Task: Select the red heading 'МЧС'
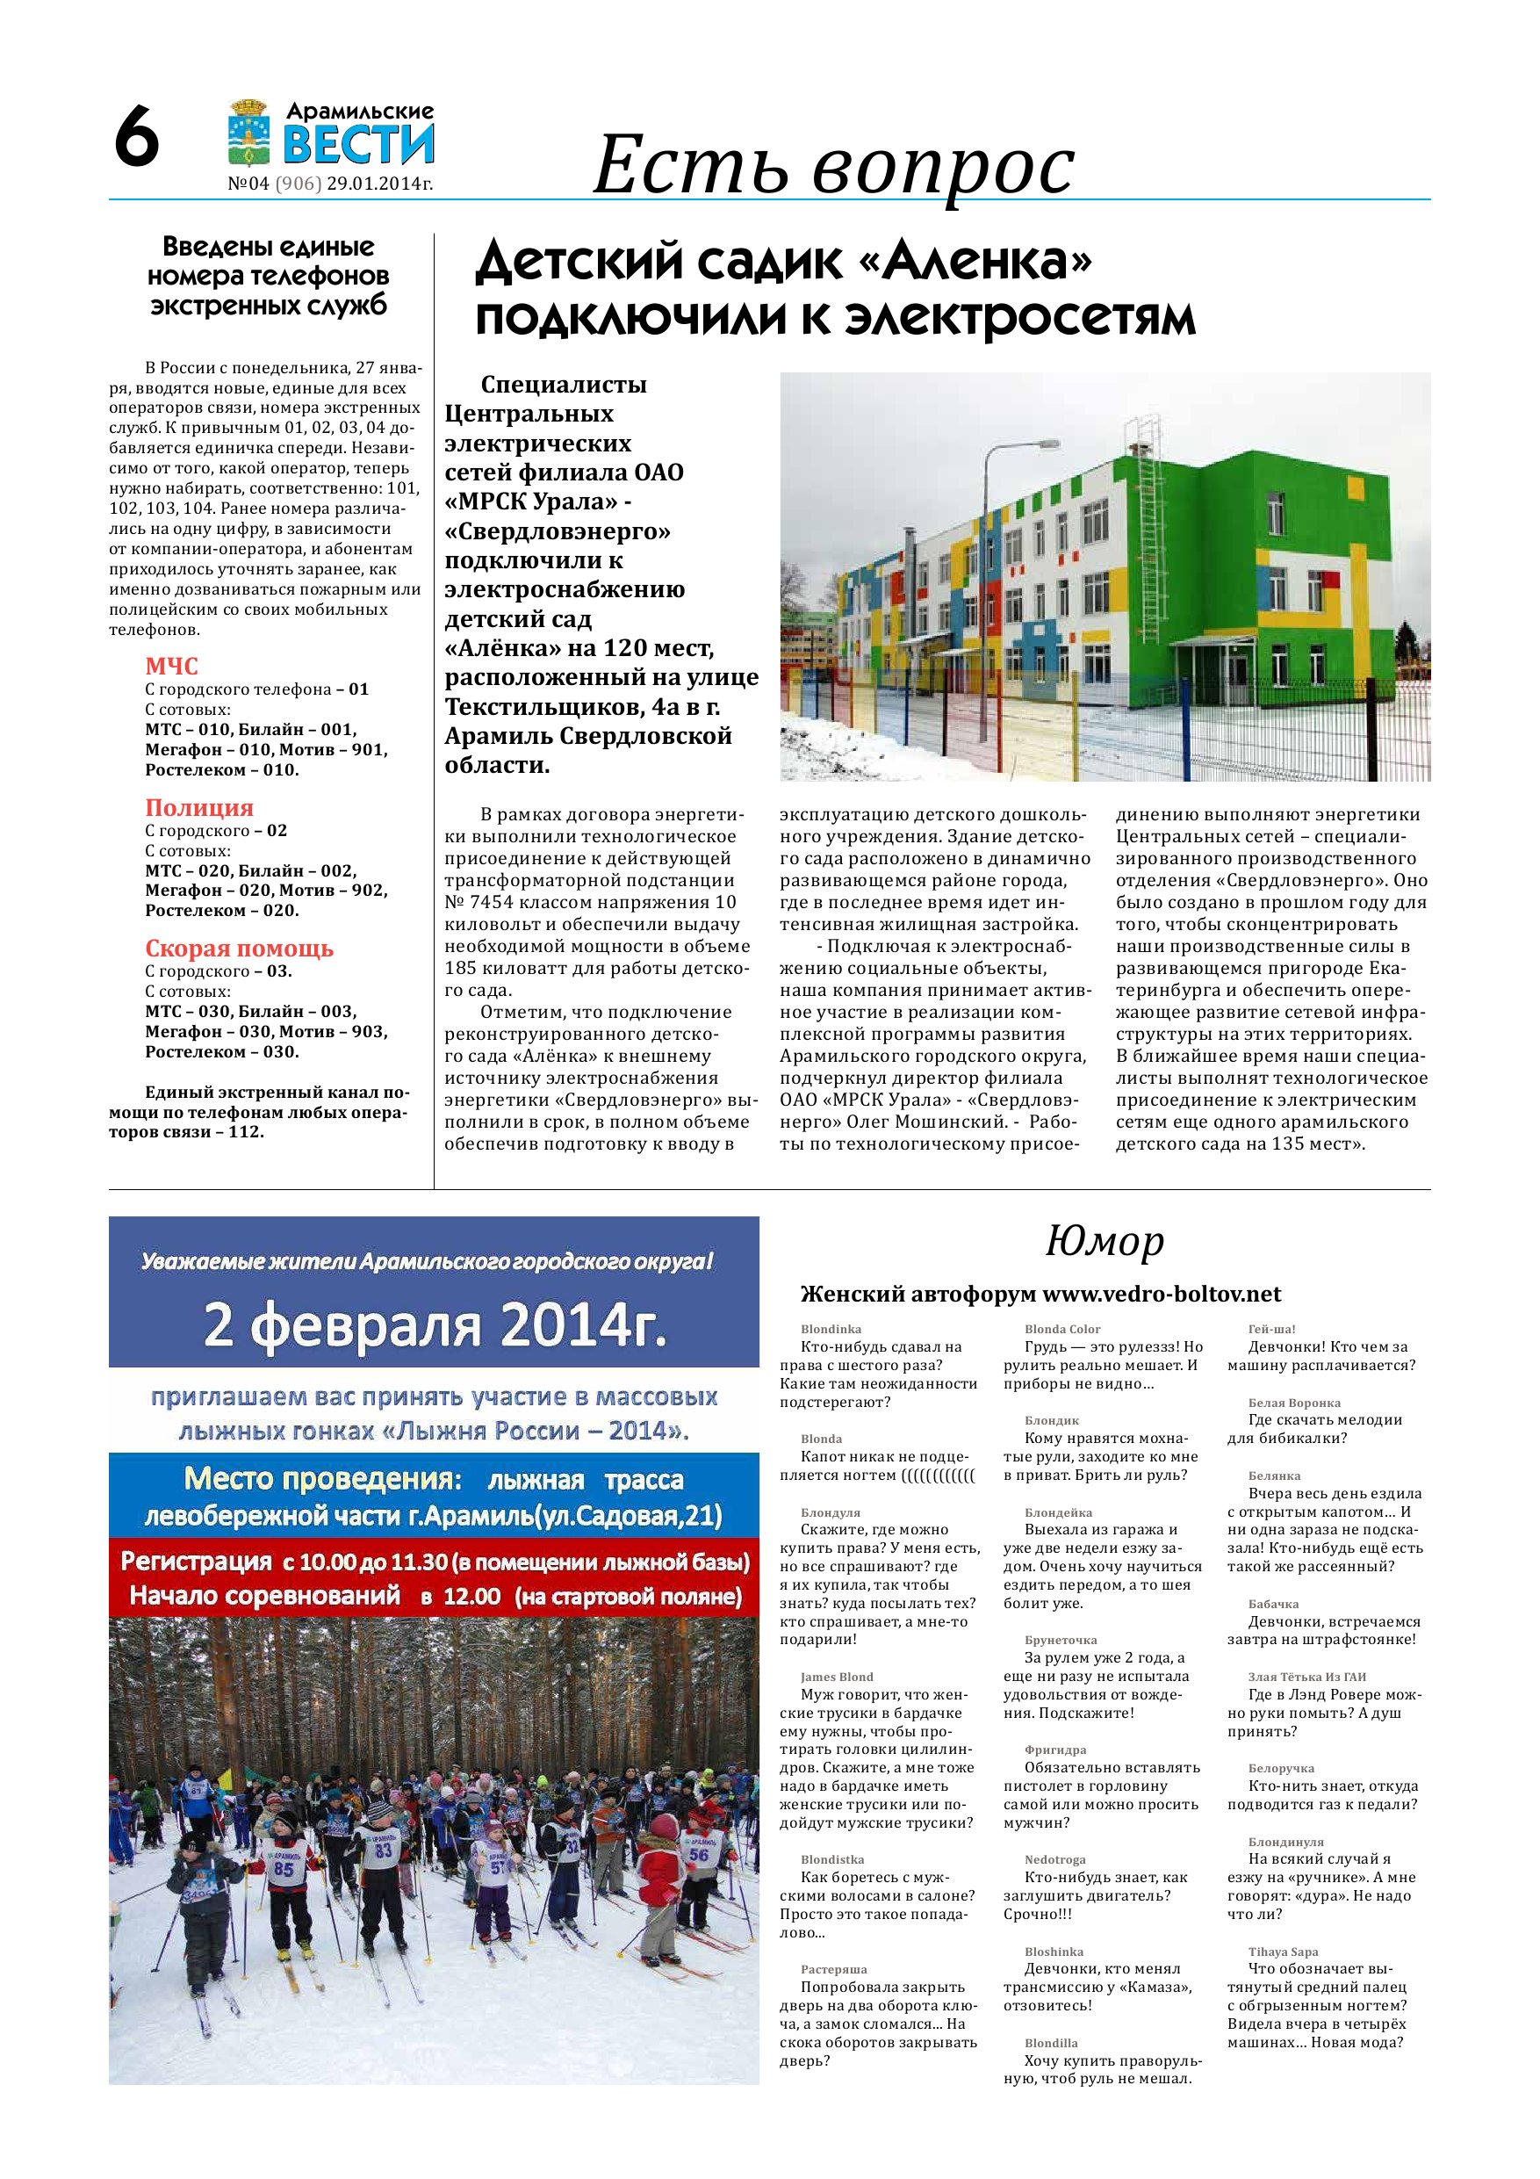(172, 667)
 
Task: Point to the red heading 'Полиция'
(199, 808)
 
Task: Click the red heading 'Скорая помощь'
(239, 948)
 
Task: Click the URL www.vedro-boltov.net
(1162, 1295)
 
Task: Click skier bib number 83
(384, 1851)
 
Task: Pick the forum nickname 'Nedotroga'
(1055, 1859)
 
